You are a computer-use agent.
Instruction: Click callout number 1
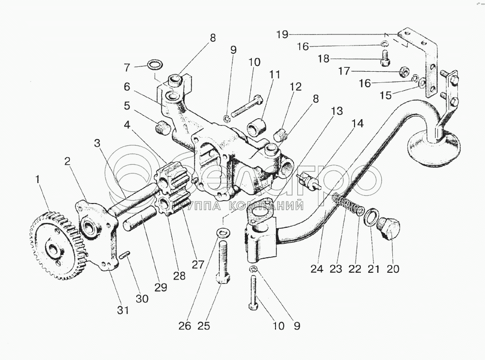[x=37, y=181]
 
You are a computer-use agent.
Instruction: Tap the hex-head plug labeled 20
[x=390, y=228]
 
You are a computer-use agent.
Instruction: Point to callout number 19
[x=283, y=34]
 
